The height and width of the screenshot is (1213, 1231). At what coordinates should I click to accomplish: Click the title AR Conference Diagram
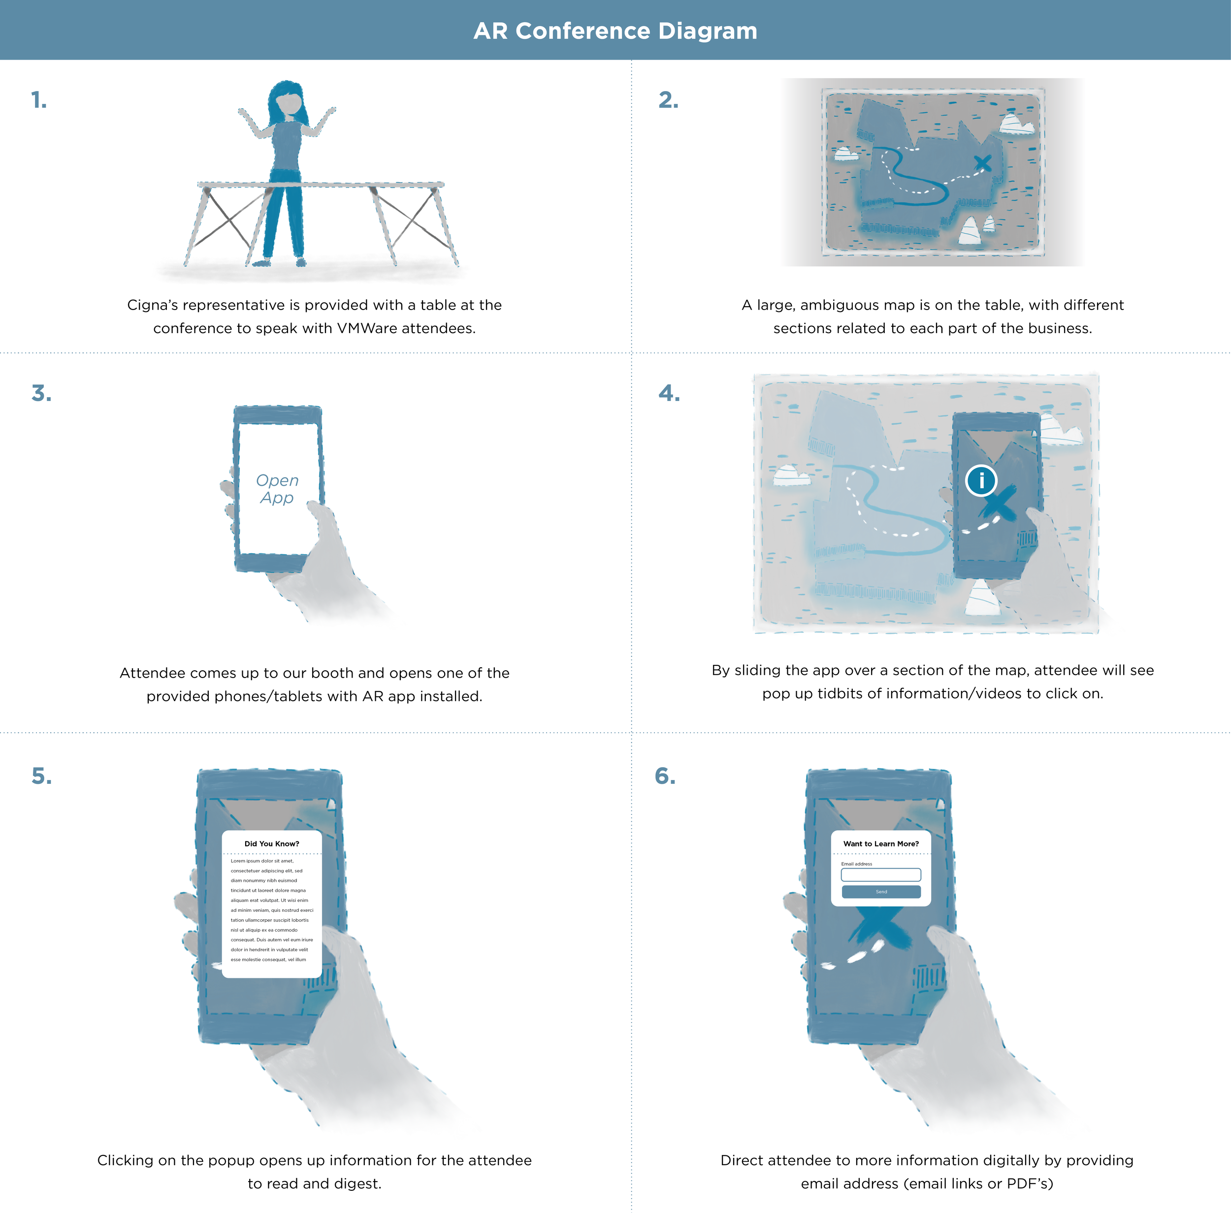tap(615, 31)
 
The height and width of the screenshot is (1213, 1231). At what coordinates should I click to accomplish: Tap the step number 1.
tap(39, 100)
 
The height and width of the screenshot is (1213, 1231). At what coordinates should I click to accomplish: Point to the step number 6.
tap(665, 776)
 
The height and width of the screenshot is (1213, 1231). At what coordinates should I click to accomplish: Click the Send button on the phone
tap(881, 892)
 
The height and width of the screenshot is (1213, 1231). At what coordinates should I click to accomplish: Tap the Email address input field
tap(881, 875)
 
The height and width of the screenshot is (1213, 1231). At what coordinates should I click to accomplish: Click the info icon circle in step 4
tap(981, 480)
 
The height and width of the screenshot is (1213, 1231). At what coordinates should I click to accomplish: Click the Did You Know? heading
tap(272, 844)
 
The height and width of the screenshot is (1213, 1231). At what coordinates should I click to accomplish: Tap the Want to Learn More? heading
tap(881, 844)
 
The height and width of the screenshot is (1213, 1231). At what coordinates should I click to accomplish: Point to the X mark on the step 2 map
tap(982, 163)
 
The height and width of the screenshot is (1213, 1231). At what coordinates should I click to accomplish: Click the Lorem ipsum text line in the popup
tap(262, 861)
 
